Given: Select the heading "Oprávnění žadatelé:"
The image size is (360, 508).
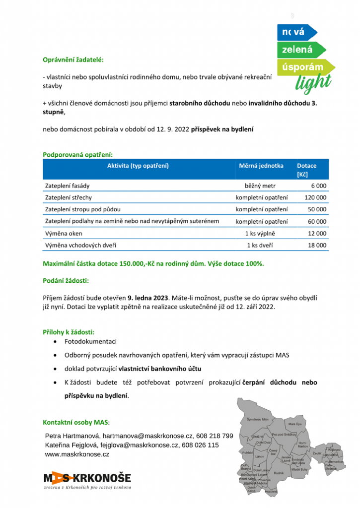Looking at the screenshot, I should click(x=73, y=60).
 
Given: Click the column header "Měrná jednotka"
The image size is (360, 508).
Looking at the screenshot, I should click(x=261, y=166).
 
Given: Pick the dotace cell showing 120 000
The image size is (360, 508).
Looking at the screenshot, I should click(x=315, y=197).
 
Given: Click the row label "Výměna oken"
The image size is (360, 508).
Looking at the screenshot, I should click(x=64, y=233).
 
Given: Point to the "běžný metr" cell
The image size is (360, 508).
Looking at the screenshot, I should click(x=260, y=186).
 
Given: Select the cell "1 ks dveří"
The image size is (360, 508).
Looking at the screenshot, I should click(x=260, y=245).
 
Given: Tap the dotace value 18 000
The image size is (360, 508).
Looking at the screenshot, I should click(x=317, y=245).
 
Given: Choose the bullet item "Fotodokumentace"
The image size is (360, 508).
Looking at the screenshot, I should click(x=91, y=341).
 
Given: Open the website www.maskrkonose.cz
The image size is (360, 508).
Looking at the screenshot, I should click(x=77, y=454).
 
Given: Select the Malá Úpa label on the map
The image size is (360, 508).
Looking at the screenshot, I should click(x=294, y=424).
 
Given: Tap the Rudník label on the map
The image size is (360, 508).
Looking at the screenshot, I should click(x=279, y=473).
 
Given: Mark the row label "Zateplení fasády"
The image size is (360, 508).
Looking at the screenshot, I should click(x=70, y=186).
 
